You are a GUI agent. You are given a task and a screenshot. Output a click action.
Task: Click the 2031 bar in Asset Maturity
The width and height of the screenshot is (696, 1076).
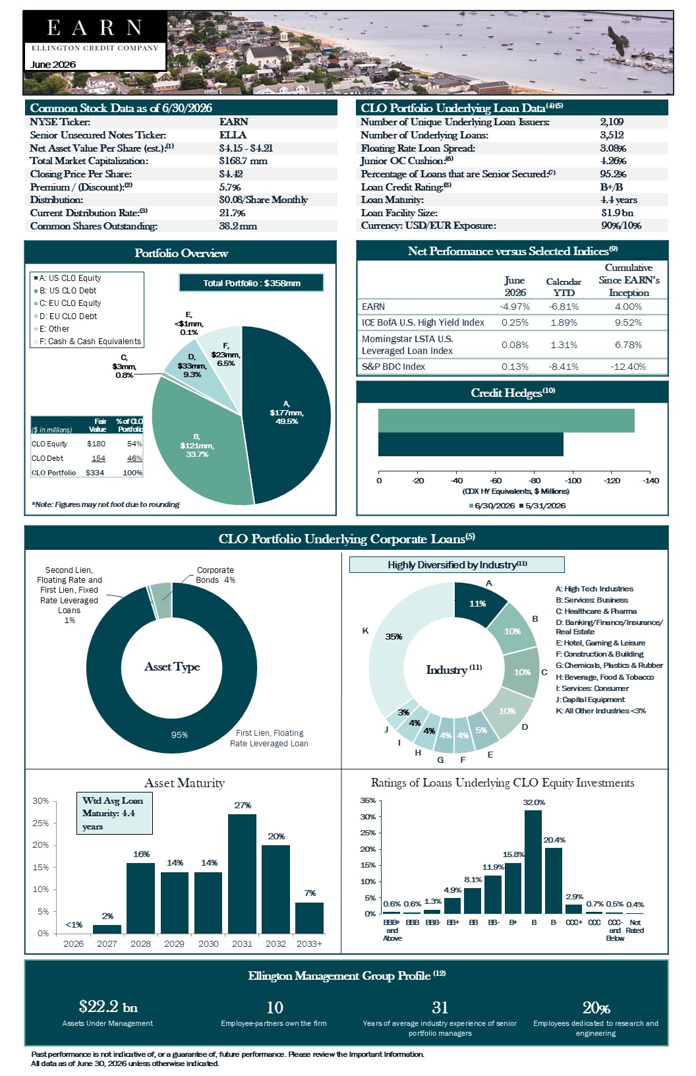tap(242, 874)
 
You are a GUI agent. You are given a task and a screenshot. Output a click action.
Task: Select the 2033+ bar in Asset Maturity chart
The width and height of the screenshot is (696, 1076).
tap(309, 918)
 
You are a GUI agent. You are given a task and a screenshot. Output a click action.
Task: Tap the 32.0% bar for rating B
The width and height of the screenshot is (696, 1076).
tap(533, 862)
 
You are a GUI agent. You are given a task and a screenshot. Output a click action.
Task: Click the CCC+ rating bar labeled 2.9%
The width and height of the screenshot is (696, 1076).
tap(573, 909)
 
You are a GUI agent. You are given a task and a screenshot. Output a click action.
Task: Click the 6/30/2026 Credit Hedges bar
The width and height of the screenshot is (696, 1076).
tap(506, 421)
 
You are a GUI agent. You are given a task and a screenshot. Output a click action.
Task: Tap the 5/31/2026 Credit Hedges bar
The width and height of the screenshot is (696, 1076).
tap(471, 444)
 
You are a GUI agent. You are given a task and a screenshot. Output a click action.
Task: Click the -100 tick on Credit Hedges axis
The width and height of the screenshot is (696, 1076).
tap(573, 481)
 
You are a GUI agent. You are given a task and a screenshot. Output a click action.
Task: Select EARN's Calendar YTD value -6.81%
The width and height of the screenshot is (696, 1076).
tap(564, 307)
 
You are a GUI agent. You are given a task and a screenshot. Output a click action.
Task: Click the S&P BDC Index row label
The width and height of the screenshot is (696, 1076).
tap(393, 367)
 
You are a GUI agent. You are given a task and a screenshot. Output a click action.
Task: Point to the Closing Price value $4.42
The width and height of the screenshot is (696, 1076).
tap(231, 174)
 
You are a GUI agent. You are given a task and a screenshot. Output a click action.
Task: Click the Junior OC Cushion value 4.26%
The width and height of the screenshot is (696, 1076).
tap(614, 161)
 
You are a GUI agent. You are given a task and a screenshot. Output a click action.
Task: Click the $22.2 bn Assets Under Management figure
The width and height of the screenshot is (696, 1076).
tap(108, 1006)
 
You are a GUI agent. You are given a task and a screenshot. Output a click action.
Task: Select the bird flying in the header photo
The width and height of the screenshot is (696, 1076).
tap(619, 40)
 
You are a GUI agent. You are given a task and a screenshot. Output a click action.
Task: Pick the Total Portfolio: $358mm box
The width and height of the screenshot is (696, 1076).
tap(252, 283)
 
